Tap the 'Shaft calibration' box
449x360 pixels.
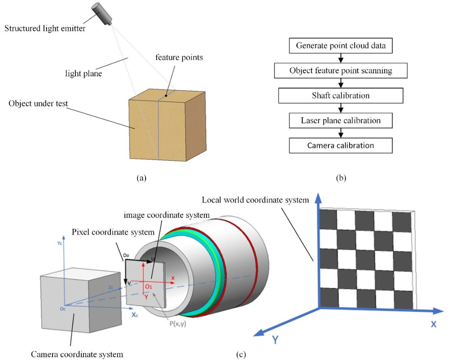click(x=341, y=95)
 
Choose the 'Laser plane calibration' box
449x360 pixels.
click(x=341, y=120)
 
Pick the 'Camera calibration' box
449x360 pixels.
click(x=341, y=145)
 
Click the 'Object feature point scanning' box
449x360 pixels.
click(x=341, y=71)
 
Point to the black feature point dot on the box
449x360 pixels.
click(x=166, y=96)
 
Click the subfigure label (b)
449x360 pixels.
click(x=341, y=178)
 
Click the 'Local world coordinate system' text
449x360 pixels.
click(x=255, y=199)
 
